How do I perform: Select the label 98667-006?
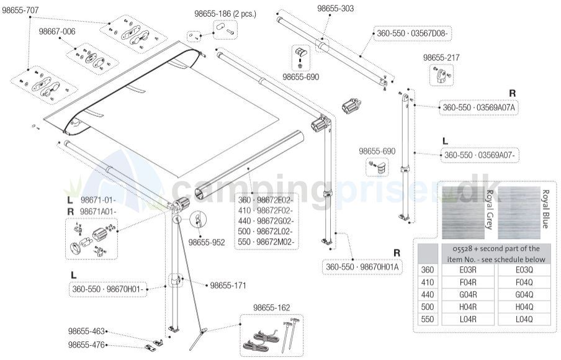[x=57, y=32]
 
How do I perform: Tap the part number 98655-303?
[x=336, y=8]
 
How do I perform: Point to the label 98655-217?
[x=441, y=58]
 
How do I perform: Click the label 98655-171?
[x=228, y=286]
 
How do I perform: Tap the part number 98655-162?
[x=271, y=308]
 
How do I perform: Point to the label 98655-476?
[x=87, y=345]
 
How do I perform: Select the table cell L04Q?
[x=524, y=319]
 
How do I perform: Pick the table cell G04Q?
[x=524, y=295]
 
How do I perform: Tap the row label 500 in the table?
[x=426, y=307]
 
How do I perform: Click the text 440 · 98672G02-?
[x=265, y=221]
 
